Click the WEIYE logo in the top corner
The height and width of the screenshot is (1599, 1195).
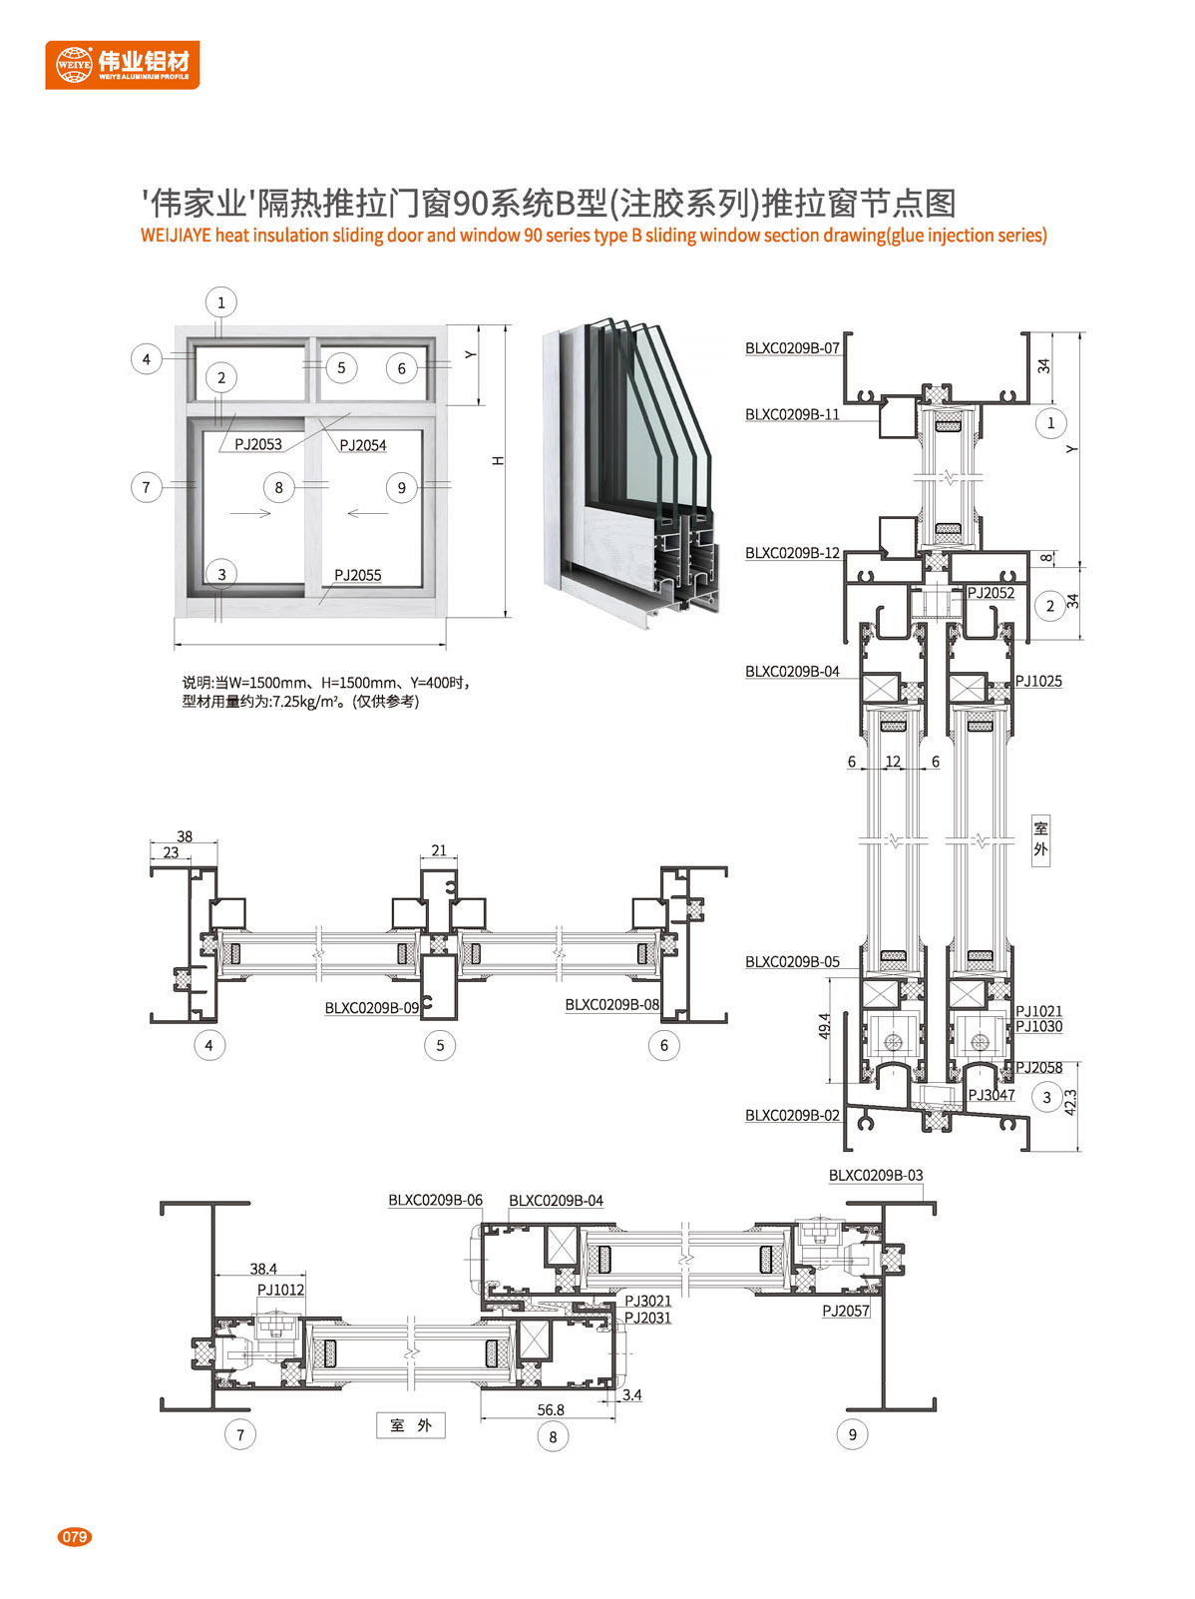(123, 65)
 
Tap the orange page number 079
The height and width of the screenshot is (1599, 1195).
(74, 1537)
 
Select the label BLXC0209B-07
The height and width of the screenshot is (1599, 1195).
(792, 348)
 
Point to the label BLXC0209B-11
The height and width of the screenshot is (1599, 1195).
(792, 414)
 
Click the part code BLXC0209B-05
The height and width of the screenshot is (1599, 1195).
(792, 961)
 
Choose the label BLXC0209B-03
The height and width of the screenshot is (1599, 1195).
(876, 1175)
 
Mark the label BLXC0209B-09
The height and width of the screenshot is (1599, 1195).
(371, 1008)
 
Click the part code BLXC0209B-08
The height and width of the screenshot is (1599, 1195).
(612, 1004)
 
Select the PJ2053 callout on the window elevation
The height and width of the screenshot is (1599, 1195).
(257, 444)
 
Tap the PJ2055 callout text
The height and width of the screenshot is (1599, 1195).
(357, 576)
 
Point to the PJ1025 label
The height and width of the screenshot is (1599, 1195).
(1038, 681)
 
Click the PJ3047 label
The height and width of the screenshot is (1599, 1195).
(992, 1095)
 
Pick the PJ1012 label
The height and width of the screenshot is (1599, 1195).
(280, 1291)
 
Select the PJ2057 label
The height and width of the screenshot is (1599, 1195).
(846, 1312)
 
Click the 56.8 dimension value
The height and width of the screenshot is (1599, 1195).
(551, 1410)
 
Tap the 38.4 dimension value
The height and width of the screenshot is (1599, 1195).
(262, 1269)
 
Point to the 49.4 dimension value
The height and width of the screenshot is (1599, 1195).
(824, 1026)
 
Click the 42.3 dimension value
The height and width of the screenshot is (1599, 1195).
(1070, 1103)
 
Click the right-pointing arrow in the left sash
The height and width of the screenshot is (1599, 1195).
(250, 514)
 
